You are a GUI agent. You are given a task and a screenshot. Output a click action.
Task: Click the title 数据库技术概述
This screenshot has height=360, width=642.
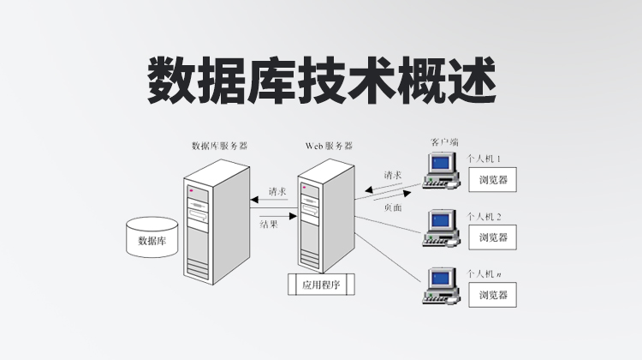321,80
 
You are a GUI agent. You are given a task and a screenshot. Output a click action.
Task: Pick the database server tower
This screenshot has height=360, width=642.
209,226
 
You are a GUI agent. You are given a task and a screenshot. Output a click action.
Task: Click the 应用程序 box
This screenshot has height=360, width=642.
321,285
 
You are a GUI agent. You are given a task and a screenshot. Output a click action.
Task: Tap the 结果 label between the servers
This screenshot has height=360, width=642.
269,225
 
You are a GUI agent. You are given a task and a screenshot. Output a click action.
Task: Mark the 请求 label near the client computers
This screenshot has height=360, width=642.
394,175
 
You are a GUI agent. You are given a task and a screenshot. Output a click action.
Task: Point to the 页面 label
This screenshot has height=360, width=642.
393,207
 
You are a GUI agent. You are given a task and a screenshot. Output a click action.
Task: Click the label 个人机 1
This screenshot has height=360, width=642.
484,159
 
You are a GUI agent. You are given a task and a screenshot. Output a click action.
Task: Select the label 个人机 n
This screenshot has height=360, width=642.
484,274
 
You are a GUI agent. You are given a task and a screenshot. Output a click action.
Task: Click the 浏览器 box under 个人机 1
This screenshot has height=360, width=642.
493,180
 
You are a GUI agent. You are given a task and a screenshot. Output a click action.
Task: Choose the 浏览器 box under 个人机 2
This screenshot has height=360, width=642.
493,237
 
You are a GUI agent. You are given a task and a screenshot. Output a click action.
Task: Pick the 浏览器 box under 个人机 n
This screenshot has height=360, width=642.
493,295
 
